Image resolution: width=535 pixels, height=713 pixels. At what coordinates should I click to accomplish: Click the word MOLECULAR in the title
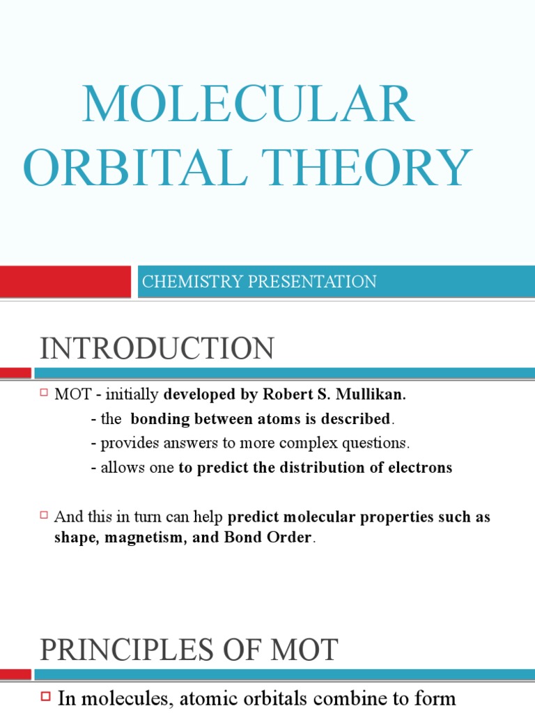[248, 104]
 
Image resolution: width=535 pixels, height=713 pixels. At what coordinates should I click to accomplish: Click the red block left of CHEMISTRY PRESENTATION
[65, 281]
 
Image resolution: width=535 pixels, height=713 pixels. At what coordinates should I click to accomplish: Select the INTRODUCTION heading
[157, 348]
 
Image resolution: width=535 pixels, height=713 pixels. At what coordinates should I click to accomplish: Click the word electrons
[420, 468]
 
